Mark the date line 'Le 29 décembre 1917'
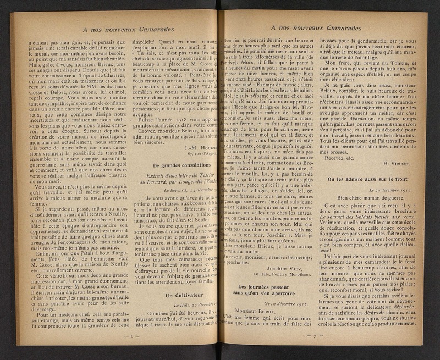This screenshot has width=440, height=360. pyautogui.click(x=392, y=190)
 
